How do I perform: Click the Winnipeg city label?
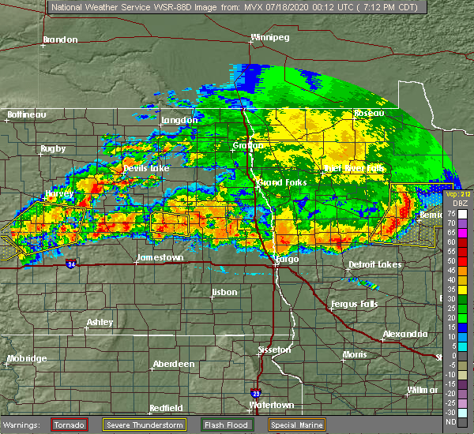tap(269, 37)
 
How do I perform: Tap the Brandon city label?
tap(60, 39)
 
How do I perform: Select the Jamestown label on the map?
tap(160, 258)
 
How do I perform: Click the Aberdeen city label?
tap(174, 364)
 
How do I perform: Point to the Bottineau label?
tap(28, 114)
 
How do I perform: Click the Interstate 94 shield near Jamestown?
tap(72, 263)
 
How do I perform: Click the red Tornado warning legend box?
tap(70, 424)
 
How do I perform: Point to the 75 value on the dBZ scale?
tap(450, 213)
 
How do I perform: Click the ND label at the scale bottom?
tap(450, 421)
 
